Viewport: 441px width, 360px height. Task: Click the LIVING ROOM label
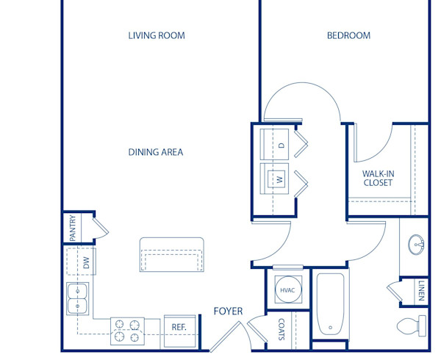click(156, 35)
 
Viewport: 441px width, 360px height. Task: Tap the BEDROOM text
click(348, 35)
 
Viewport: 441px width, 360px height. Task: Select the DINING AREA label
click(155, 153)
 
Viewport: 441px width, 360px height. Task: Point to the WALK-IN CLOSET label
click(377, 179)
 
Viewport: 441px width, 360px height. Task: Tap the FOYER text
click(228, 312)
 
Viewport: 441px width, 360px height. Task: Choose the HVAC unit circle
click(287, 291)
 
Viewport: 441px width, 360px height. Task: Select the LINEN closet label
click(421, 289)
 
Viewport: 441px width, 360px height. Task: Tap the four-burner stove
click(126, 331)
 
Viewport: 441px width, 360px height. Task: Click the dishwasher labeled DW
click(86, 262)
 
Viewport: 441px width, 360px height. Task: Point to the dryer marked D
click(279, 145)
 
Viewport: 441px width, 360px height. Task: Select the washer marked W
click(279, 179)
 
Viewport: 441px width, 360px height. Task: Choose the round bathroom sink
click(416, 242)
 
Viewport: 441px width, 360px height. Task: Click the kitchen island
click(172, 255)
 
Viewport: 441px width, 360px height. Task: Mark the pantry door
click(102, 226)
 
